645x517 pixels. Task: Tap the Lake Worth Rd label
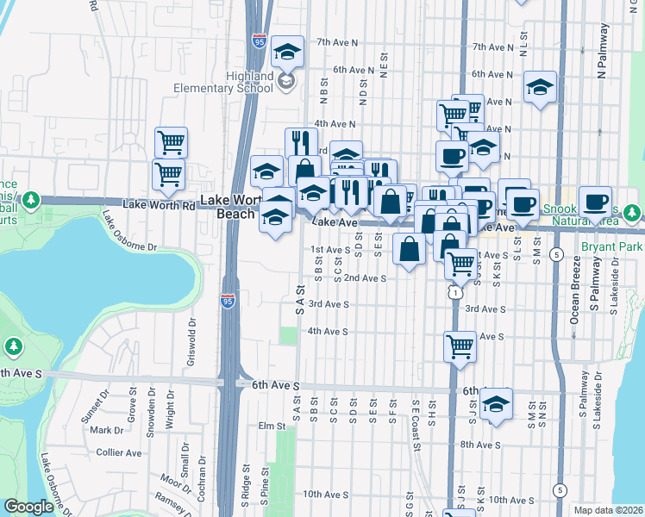[x=160, y=205]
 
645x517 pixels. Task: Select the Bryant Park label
[x=618, y=246]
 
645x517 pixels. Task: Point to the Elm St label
[x=271, y=426]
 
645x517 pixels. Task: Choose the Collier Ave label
[x=119, y=452]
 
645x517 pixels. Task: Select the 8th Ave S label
[x=480, y=445]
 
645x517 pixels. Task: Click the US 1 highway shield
[x=454, y=293]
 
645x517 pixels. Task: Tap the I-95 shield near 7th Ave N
[x=259, y=40]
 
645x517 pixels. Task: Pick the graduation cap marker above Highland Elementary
[x=287, y=51]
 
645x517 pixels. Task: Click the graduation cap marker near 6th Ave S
[x=496, y=402]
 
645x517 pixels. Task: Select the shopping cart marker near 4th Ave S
[x=460, y=346]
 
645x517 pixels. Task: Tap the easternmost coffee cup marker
[x=595, y=201]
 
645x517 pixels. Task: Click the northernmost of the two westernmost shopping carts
[x=172, y=142]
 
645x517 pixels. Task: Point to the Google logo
[x=28, y=507]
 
